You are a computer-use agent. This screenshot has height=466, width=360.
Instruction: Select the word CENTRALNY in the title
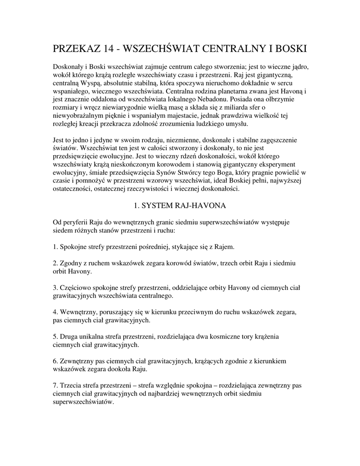coord(227,48)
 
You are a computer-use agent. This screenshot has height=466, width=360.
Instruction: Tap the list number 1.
coord(55,247)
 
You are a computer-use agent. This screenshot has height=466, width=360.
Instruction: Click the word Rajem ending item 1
coord(224,247)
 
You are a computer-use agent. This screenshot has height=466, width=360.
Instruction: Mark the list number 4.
coord(55,312)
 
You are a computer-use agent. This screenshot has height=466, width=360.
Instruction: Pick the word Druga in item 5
coord(69,337)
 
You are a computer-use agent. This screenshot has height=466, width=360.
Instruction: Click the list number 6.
coord(55,361)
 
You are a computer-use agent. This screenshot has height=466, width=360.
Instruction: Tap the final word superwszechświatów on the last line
coord(83,402)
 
